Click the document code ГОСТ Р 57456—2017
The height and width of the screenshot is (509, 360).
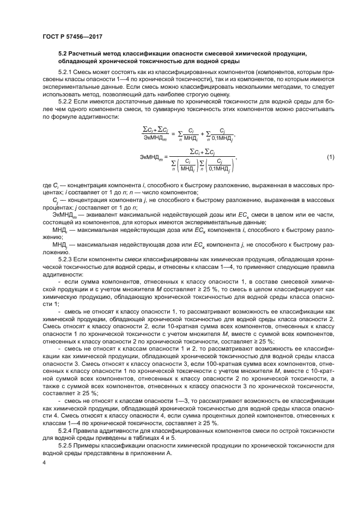pos(72,37)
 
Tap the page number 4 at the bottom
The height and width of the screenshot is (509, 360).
pos(45,462)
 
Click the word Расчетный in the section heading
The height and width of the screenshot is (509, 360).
pos(90,53)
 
